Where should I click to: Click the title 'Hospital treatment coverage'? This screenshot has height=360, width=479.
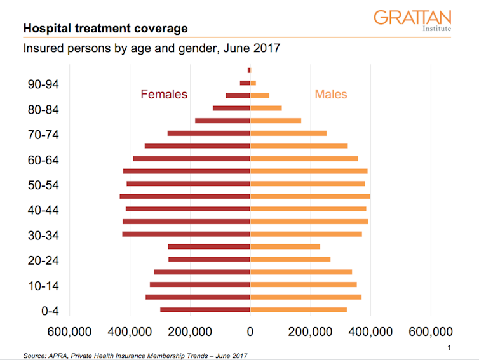point(105,29)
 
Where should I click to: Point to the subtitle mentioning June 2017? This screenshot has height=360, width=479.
point(151,48)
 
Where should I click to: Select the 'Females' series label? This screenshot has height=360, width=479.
point(164,95)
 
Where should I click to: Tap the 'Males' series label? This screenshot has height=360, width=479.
point(331,95)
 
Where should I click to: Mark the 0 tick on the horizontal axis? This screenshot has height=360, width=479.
point(250,331)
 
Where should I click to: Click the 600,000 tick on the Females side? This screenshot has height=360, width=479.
point(70,331)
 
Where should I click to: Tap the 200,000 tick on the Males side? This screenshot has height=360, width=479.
point(311,331)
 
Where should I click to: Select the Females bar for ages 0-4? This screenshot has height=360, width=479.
point(205,310)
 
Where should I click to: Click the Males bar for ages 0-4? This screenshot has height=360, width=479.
point(298,310)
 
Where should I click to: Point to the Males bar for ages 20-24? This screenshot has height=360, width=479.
point(290,259)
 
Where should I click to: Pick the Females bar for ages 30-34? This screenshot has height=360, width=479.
point(186,234)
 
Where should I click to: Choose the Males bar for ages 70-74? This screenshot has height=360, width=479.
point(288,133)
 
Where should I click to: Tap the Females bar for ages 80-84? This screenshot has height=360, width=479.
point(231,109)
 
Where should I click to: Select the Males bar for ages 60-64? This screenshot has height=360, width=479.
point(304,159)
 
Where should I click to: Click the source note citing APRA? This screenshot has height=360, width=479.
point(135,355)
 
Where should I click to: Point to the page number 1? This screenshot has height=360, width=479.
point(449,347)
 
